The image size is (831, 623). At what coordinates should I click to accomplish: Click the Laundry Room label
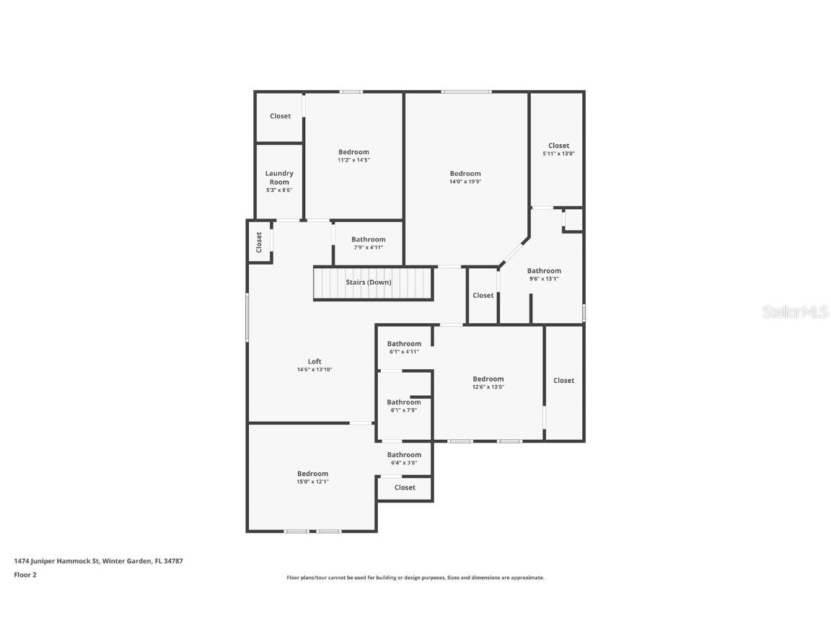279,177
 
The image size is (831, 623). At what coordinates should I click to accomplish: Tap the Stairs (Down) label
368,283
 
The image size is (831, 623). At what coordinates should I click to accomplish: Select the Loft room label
315,362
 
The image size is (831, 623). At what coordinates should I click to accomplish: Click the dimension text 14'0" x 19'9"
465,182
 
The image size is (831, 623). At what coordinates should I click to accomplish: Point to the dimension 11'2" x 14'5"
353,160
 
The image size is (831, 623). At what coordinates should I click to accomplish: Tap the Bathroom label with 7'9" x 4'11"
368,239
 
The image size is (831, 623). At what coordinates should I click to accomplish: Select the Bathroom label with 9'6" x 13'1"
544,271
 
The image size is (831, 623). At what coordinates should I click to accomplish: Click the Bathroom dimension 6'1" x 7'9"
404,410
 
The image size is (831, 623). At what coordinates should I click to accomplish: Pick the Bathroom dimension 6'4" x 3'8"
404,463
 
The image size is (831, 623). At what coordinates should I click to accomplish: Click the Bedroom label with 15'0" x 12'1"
312,474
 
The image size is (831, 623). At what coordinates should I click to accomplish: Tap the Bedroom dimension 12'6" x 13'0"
488,387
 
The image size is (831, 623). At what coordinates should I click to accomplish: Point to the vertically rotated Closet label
259,242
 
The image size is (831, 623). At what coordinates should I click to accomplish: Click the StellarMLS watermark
795,312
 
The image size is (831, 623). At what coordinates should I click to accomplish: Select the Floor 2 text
25,575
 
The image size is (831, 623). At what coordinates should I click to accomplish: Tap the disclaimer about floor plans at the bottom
415,578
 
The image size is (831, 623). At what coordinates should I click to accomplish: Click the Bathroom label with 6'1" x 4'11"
404,344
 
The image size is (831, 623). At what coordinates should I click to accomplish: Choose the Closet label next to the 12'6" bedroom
563,381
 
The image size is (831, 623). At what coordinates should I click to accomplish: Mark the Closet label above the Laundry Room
280,116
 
